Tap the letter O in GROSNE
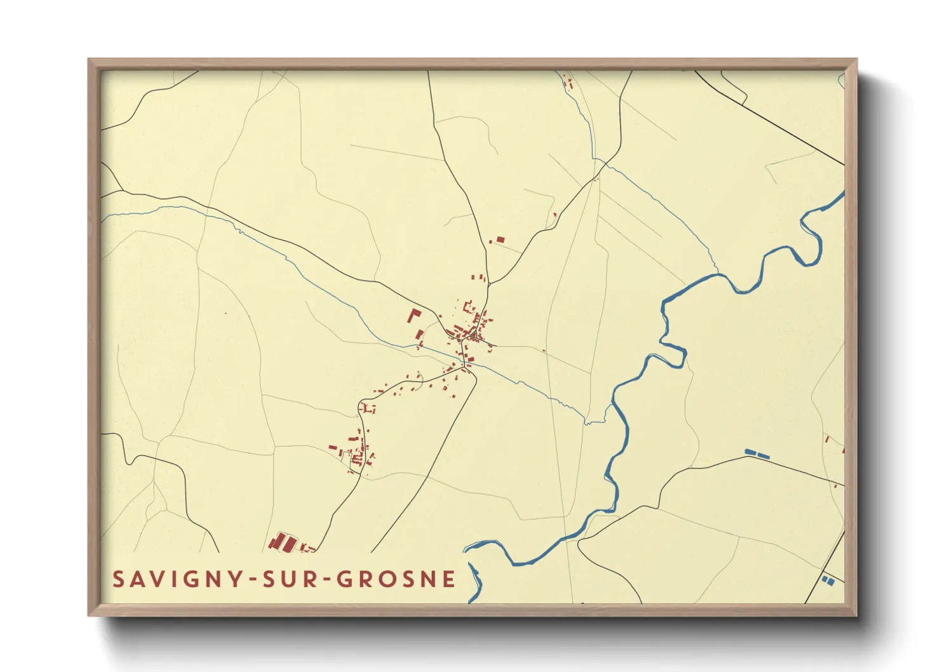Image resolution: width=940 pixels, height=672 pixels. coord(386,579)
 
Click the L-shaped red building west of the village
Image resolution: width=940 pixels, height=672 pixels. coord(413,316)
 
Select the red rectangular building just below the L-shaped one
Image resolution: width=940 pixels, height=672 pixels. coord(419,334)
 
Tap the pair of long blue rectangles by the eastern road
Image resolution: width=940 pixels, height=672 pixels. coord(756,454)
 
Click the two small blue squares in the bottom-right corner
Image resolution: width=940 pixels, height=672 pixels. coord(828,580)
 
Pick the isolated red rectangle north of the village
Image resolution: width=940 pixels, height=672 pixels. coord(500,239)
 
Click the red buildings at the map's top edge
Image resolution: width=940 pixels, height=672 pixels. coord(568,83)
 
